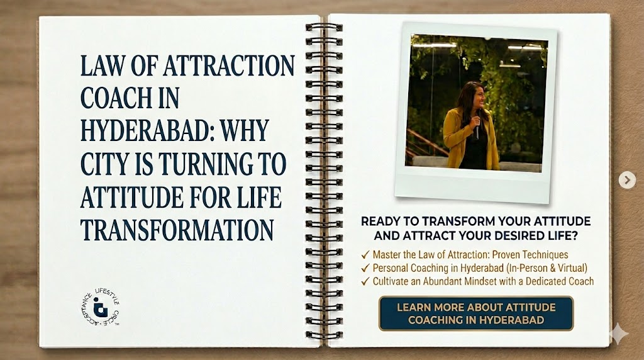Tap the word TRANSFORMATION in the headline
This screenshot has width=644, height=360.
177,230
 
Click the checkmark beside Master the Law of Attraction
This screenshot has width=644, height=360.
365,255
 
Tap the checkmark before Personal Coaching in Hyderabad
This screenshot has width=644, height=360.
365,268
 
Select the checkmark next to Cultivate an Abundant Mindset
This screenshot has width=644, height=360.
365,281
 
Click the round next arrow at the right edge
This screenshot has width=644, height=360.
626,181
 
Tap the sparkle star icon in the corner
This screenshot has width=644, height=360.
618,334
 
